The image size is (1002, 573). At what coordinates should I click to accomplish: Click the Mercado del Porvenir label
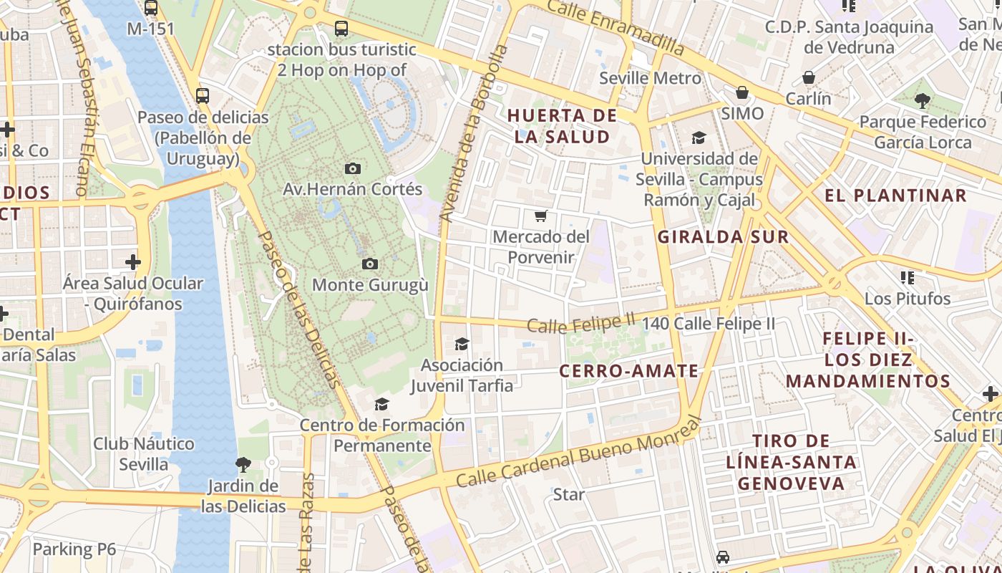click(x=541, y=247)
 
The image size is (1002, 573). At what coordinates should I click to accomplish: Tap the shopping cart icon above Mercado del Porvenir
click(x=541, y=216)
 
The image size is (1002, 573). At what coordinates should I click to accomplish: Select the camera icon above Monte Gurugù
click(x=369, y=264)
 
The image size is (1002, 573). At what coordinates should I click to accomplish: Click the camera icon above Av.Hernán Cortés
click(x=352, y=168)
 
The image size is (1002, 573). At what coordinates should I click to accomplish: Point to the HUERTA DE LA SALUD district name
click(x=563, y=126)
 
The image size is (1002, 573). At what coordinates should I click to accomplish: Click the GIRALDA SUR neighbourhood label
click(x=723, y=237)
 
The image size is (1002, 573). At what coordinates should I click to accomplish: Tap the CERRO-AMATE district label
click(x=628, y=371)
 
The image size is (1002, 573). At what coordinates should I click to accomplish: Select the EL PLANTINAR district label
click(x=895, y=196)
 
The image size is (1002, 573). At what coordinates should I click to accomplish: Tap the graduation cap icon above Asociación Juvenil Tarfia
click(x=462, y=345)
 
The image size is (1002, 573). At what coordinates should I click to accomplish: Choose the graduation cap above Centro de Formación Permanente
click(x=381, y=405)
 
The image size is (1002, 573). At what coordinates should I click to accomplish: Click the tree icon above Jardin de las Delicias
click(x=243, y=465)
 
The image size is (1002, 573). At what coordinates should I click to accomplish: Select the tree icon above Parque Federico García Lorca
click(x=922, y=100)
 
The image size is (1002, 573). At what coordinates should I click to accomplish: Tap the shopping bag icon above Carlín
click(x=809, y=77)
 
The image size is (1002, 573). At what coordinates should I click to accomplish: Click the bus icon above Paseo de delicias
click(x=203, y=95)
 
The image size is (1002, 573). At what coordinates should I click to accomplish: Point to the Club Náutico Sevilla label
click(x=143, y=454)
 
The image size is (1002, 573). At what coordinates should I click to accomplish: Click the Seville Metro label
click(x=650, y=78)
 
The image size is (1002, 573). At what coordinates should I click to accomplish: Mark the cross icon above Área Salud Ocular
click(x=133, y=261)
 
